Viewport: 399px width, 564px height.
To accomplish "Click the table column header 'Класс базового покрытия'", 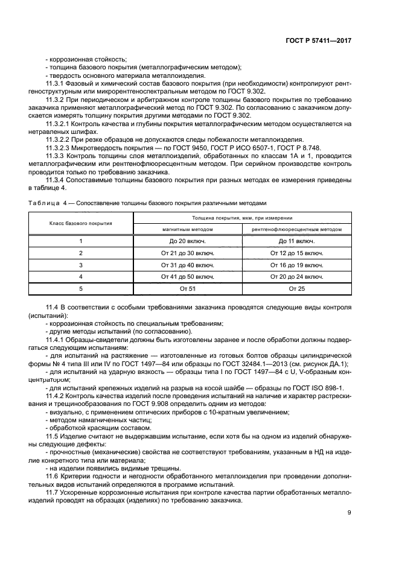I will click(81, 223).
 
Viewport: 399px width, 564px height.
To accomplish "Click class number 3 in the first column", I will click(81, 265).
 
